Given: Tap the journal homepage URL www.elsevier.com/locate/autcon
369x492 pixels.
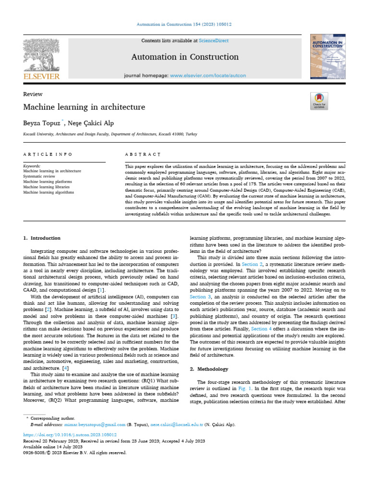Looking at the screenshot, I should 208,76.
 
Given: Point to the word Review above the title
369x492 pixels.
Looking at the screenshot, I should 33,94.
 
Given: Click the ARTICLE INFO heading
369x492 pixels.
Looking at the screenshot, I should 48,154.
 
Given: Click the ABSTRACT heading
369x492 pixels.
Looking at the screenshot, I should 143,154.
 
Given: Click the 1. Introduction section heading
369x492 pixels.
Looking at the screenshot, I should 42,238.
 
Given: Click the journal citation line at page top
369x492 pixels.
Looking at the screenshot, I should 184,24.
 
